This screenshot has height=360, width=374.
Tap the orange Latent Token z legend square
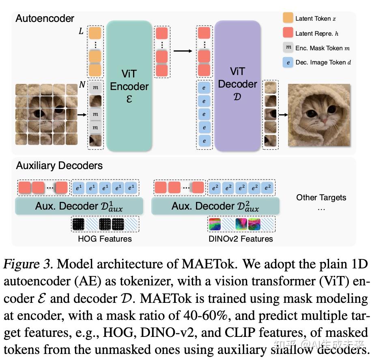pos(288,18)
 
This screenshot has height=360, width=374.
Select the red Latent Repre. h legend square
pos(288,33)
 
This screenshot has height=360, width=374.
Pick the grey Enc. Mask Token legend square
pos(288,47)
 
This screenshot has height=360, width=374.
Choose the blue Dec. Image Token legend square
pos(288,62)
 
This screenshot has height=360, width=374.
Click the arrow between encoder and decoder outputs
pos(182,51)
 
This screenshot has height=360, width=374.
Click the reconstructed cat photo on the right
pos(319,115)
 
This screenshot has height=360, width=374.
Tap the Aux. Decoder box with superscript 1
pos(79,206)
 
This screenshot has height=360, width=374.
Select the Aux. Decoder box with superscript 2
pos(215,206)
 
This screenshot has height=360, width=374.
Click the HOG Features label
pos(105,239)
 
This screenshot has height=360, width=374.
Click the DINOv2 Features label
pos(241,239)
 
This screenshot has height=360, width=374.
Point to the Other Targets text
pos(321,198)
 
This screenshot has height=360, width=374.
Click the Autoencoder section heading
pos(45,18)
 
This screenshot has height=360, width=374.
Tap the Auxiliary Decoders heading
pos(59,165)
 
